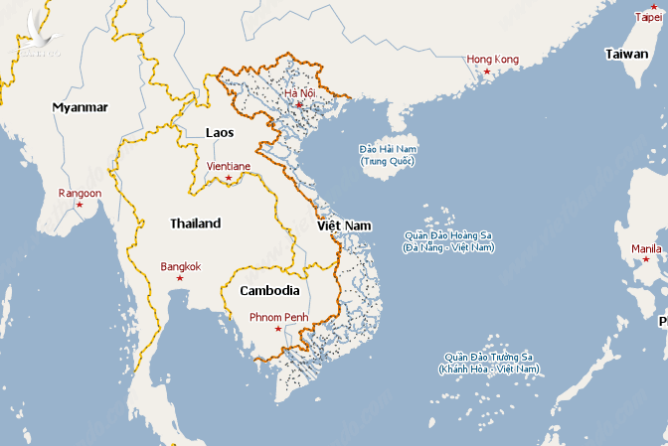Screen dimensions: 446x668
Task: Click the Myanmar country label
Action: click(x=81, y=107)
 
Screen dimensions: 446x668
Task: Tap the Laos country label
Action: click(x=220, y=132)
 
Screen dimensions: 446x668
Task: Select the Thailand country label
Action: click(x=195, y=223)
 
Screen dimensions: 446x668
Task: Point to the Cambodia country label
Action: click(x=269, y=291)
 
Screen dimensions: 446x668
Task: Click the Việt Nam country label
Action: click(x=344, y=226)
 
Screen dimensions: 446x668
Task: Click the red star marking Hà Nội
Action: click(x=298, y=104)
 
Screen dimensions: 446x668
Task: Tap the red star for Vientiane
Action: click(x=229, y=178)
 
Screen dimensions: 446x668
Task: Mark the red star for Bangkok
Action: click(x=180, y=278)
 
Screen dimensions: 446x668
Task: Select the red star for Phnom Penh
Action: click(x=277, y=330)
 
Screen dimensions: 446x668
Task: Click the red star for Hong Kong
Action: click(x=487, y=72)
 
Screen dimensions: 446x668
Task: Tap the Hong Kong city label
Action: click(x=493, y=60)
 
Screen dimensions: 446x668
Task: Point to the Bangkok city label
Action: click(x=180, y=266)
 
